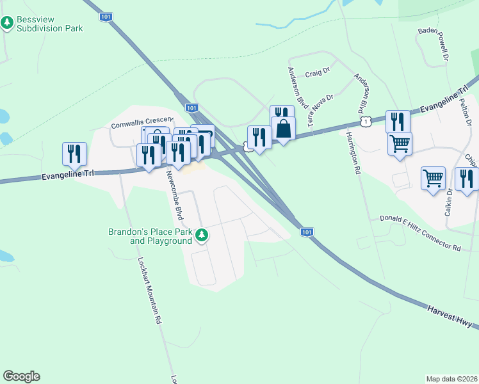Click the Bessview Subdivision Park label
click(x=50, y=24)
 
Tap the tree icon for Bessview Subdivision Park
click(x=7, y=24)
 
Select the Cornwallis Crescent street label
click(x=142, y=122)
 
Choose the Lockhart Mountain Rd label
click(x=149, y=292)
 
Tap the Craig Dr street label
click(x=316, y=74)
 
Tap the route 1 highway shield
click(x=365, y=121)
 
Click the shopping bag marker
click(x=283, y=129)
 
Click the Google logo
click(x=21, y=376)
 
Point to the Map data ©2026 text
click(x=452, y=378)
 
